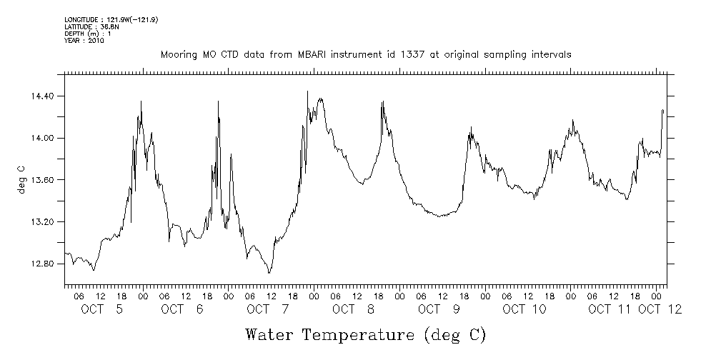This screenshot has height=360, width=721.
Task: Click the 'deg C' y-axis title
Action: pos(21,180)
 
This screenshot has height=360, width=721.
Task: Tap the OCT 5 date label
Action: pos(101,309)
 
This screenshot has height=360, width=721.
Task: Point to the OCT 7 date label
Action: pos(268,309)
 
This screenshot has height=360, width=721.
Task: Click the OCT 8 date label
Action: pos(354,309)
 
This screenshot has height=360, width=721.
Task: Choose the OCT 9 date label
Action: pos(439,309)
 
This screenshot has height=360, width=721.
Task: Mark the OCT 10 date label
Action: pos(524,309)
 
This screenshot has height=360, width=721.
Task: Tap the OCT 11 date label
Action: pos(610,309)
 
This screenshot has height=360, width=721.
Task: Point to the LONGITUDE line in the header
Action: pos(111,19)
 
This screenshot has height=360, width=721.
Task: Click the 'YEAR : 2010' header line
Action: pos(84,41)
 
